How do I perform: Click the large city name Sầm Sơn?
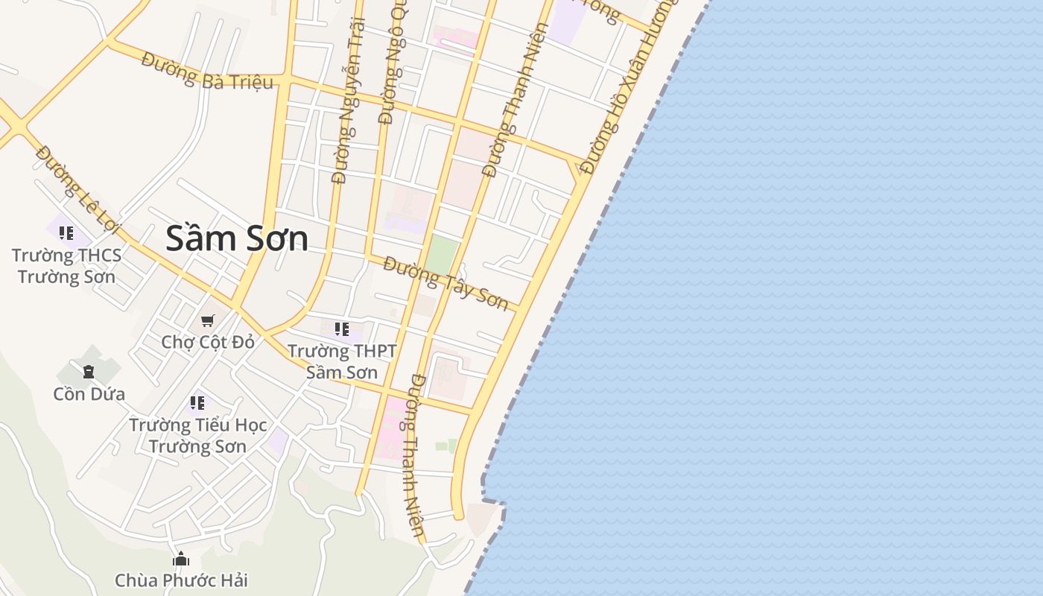point(236,238)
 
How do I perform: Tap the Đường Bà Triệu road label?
point(206,73)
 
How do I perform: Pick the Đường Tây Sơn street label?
point(446,283)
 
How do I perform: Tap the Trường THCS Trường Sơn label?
point(66,266)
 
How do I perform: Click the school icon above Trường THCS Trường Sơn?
point(66,233)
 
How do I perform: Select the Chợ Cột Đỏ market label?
point(208,342)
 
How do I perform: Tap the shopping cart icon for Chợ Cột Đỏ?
point(208,320)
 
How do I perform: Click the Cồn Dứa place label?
point(89,393)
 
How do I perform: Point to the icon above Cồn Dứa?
point(89,371)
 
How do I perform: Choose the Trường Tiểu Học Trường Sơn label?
point(197,436)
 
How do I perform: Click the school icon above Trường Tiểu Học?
point(197,403)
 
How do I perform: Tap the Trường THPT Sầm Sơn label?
point(342,361)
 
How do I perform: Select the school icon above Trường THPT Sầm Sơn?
point(342,329)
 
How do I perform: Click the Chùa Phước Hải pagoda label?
point(181,580)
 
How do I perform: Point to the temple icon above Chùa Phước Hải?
point(181,559)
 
